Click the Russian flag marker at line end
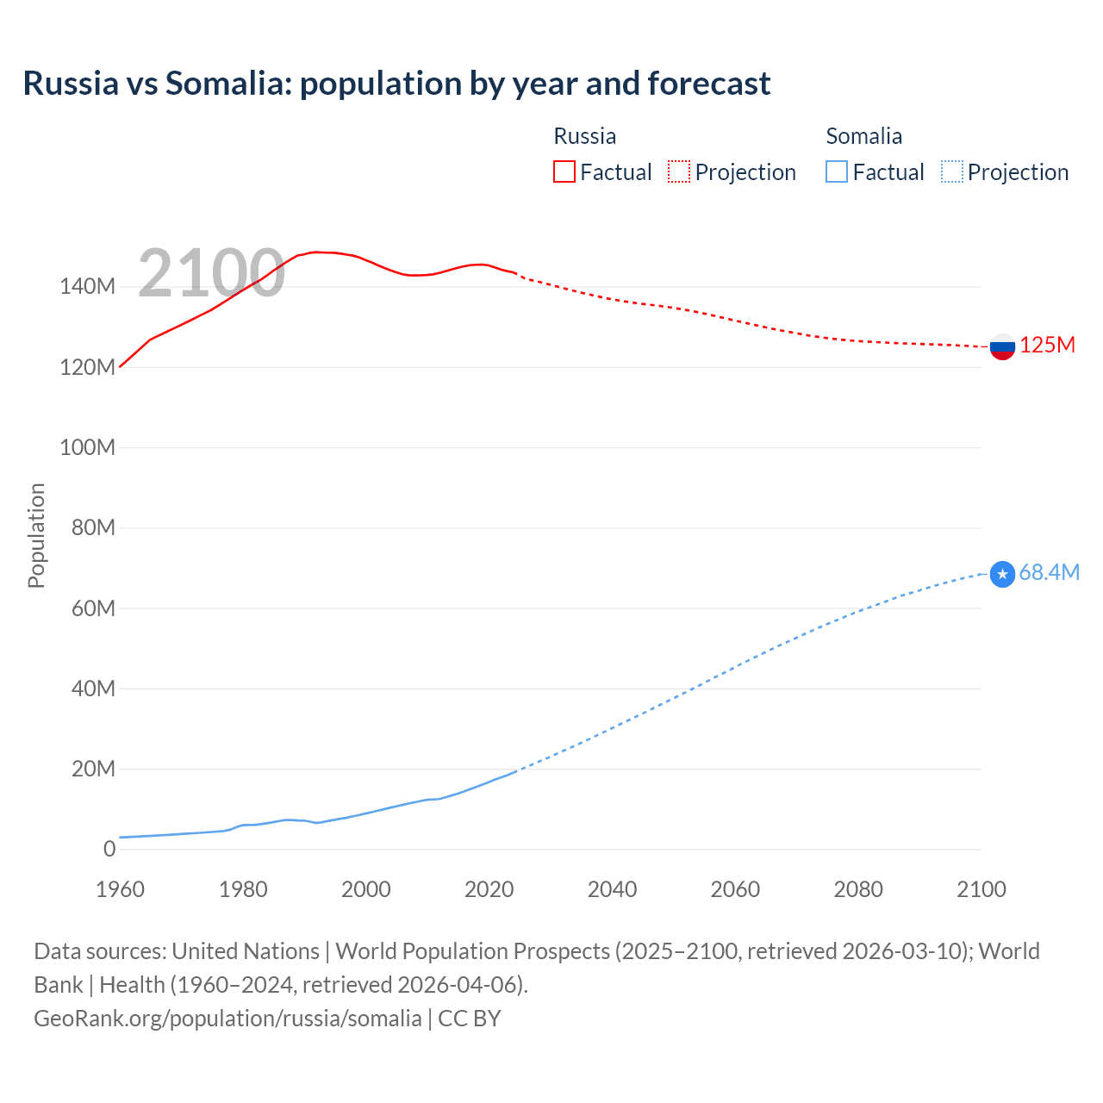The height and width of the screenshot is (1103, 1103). pyautogui.click(x=1002, y=346)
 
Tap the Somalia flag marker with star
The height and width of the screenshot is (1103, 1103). pyautogui.click(x=1002, y=574)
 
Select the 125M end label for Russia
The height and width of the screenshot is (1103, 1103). pyautogui.click(x=1047, y=346)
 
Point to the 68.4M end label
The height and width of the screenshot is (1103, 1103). pyautogui.click(x=1049, y=573)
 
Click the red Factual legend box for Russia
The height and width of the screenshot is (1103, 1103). pyautogui.click(x=564, y=171)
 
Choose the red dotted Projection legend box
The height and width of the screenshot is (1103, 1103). pyautogui.click(x=679, y=171)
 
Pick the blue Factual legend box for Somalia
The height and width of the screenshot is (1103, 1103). pyautogui.click(x=837, y=171)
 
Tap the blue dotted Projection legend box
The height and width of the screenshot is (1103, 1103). pyautogui.click(x=951, y=171)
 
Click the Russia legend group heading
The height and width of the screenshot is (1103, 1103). pyautogui.click(x=584, y=136)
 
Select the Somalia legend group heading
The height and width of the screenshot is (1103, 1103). pyautogui.click(x=863, y=136)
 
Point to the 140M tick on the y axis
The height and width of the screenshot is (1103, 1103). pyautogui.click(x=87, y=287)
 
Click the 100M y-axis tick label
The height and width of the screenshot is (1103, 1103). pyautogui.click(x=87, y=447)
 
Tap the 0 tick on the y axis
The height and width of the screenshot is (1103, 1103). pyautogui.click(x=109, y=849)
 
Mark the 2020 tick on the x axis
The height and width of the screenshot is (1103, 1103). pyautogui.click(x=489, y=889)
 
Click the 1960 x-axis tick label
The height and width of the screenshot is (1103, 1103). pyautogui.click(x=120, y=889)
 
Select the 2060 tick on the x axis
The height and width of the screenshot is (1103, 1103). pyautogui.click(x=735, y=889)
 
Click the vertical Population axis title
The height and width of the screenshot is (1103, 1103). pyautogui.click(x=36, y=535)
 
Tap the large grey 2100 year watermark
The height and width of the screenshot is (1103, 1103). pyautogui.click(x=211, y=273)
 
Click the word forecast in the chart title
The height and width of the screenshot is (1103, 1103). pyautogui.click(x=708, y=84)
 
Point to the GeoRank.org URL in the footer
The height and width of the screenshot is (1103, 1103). pyautogui.click(x=227, y=1019)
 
